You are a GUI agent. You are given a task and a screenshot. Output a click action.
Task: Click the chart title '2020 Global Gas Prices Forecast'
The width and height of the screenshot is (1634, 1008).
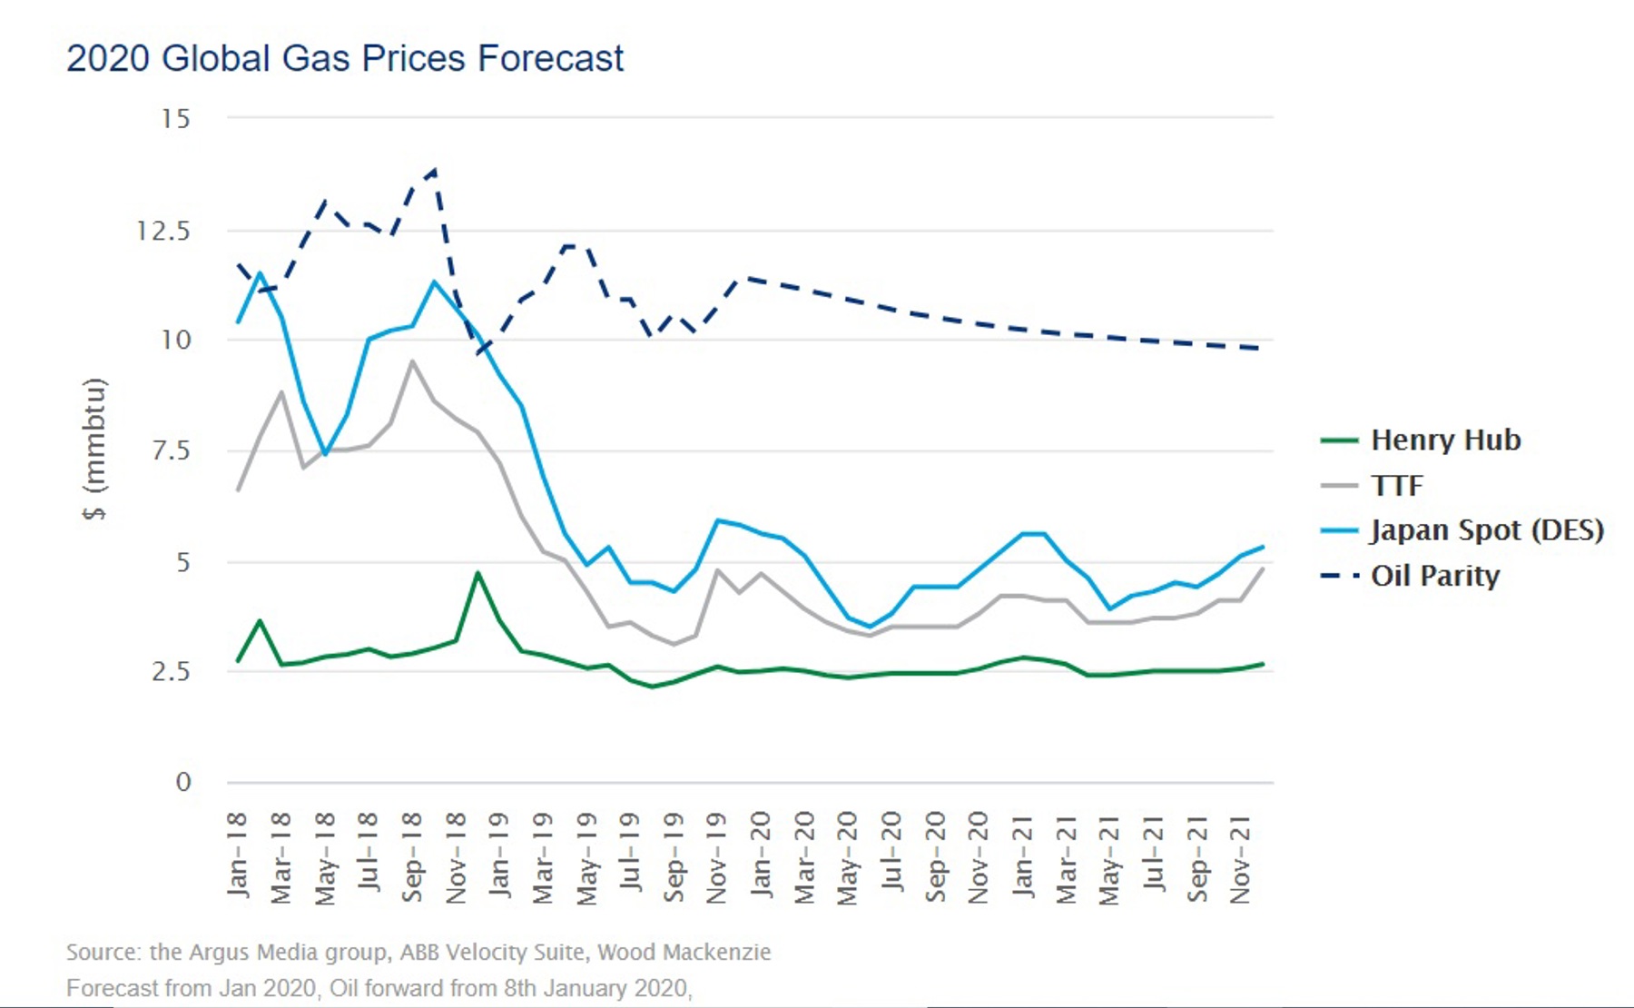coord(345,58)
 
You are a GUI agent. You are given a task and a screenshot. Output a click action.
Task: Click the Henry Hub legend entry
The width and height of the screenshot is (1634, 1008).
coord(1444,440)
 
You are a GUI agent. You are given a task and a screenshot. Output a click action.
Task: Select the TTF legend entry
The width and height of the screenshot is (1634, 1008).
coord(1397,485)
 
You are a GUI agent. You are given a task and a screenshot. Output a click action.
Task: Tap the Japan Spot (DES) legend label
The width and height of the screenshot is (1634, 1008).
coord(1486,530)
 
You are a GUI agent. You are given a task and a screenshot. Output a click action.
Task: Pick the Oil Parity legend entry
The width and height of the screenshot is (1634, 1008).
coord(1434,576)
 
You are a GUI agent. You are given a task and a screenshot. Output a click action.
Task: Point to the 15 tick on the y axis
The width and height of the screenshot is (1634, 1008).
coord(176,118)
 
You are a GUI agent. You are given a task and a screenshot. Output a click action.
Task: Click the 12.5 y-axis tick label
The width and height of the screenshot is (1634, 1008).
coord(163,231)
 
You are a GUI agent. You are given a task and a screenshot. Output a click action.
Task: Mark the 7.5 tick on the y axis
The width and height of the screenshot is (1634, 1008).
coord(171,450)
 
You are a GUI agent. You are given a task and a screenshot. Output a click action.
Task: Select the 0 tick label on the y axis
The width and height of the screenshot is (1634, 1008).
coord(183,782)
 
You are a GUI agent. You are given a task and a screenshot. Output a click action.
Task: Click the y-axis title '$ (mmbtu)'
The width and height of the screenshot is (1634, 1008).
coord(94,449)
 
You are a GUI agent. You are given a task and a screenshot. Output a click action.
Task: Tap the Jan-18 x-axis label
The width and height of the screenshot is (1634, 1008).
coord(237,855)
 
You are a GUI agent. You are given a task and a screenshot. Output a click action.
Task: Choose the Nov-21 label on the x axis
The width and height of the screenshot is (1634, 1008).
coord(1241,859)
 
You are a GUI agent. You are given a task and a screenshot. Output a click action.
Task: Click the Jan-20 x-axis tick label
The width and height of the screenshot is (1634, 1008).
coord(761,855)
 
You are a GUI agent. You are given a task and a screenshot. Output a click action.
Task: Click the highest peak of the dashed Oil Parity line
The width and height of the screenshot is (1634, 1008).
coord(435,170)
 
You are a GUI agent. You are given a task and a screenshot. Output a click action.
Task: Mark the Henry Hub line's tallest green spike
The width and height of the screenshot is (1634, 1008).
coord(477,573)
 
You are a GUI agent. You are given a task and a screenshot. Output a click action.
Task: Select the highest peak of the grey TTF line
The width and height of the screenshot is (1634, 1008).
coord(413,361)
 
